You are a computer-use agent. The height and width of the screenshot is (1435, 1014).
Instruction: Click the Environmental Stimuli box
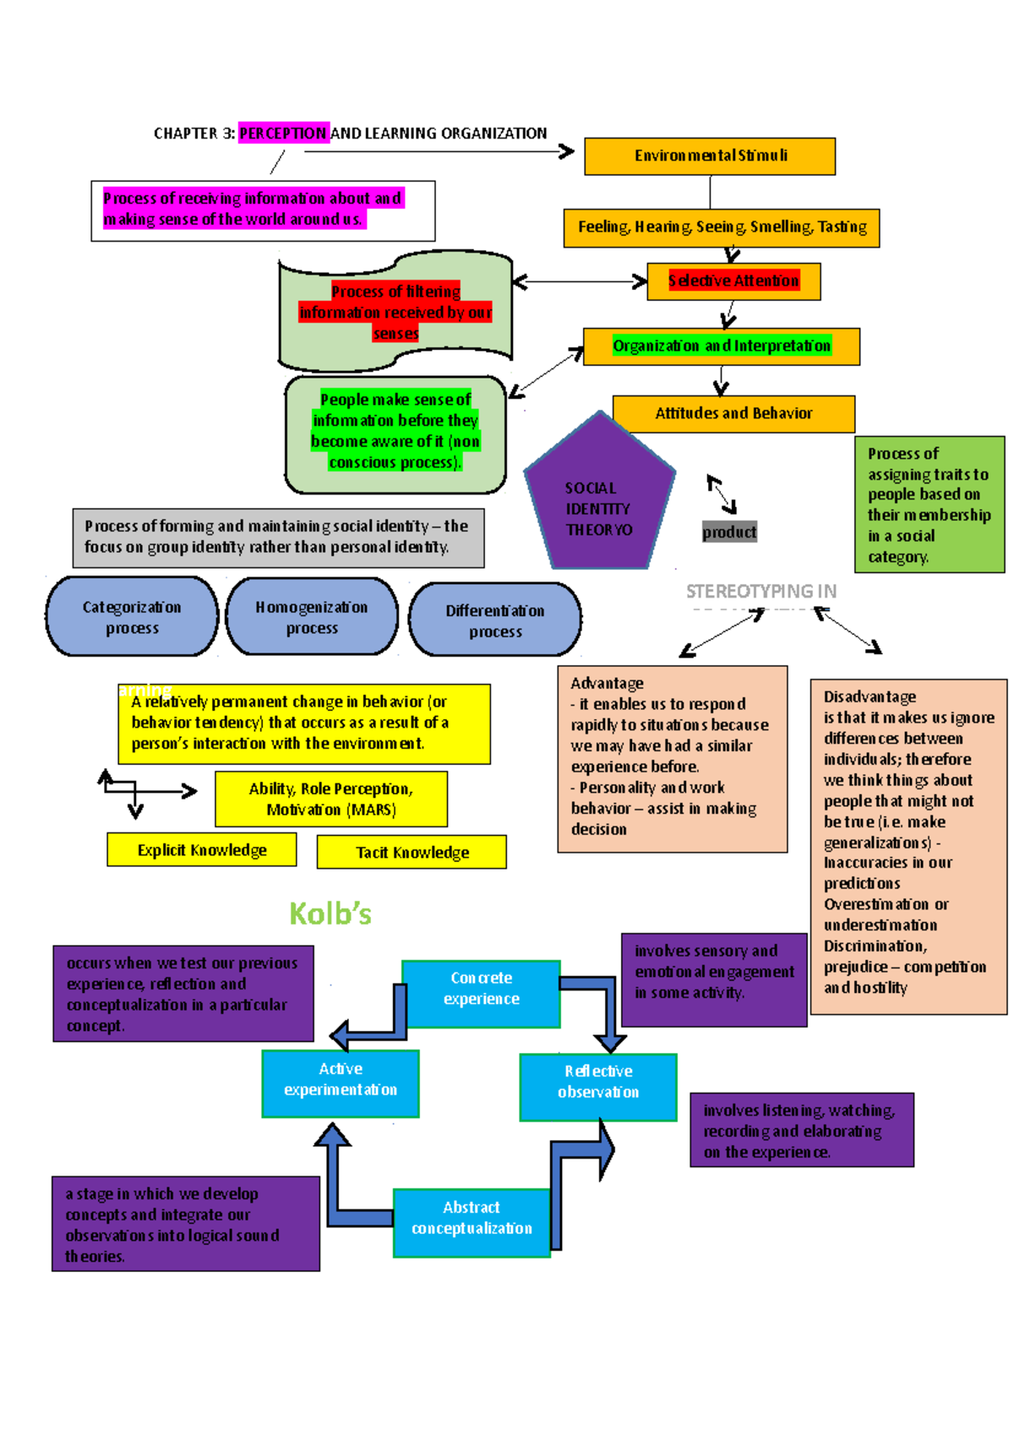(710, 156)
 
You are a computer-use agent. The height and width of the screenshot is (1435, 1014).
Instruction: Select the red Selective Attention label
(733, 281)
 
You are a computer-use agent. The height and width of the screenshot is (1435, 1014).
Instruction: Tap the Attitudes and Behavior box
(733, 413)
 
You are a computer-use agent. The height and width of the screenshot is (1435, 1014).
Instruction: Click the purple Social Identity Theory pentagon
(599, 499)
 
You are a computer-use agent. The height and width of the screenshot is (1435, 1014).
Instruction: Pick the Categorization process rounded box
(132, 617)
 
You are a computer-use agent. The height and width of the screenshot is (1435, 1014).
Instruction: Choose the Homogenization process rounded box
(312, 617)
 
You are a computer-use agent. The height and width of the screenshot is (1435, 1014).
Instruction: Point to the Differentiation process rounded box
(495, 620)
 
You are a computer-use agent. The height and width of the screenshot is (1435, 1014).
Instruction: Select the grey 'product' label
(729, 532)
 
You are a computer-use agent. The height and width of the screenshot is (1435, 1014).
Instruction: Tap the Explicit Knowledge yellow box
(202, 849)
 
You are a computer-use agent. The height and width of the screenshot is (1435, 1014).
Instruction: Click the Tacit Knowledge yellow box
(412, 852)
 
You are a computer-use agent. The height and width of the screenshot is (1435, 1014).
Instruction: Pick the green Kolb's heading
(330, 914)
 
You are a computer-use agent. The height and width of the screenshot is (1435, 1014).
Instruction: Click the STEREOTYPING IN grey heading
(760, 592)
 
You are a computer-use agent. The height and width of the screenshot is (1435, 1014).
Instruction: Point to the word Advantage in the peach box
(607, 683)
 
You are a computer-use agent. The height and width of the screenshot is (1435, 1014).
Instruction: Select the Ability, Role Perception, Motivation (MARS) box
(331, 799)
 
